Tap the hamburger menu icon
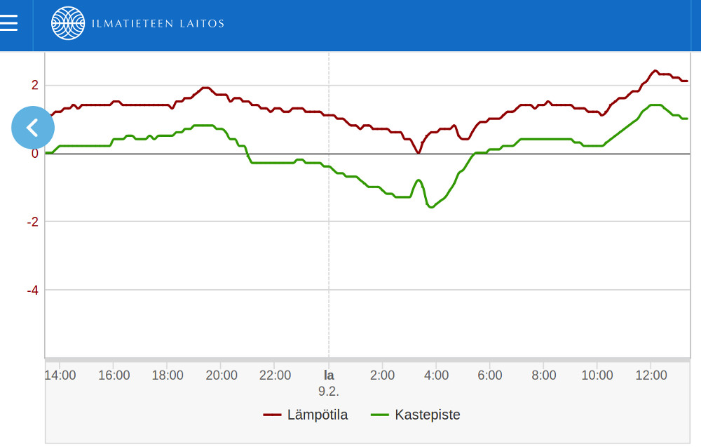[x=9, y=23]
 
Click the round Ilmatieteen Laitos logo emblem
[x=68, y=24]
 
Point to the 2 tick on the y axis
[x=35, y=86]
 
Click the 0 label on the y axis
[x=35, y=154]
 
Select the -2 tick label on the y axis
[x=33, y=222]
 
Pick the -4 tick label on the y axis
[x=33, y=290]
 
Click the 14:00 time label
[x=60, y=375]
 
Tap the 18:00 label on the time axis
[x=168, y=375]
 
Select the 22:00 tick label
[x=275, y=375]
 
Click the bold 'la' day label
[x=329, y=375]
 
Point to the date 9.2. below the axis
[x=329, y=391]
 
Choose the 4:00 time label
[x=436, y=375]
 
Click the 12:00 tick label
[x=651, y=375]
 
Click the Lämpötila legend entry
[x=306, y=415]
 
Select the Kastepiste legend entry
[x=416, y=415]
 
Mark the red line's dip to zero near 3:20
[x=418, y=152]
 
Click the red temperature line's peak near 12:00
[x=655, y=71]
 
